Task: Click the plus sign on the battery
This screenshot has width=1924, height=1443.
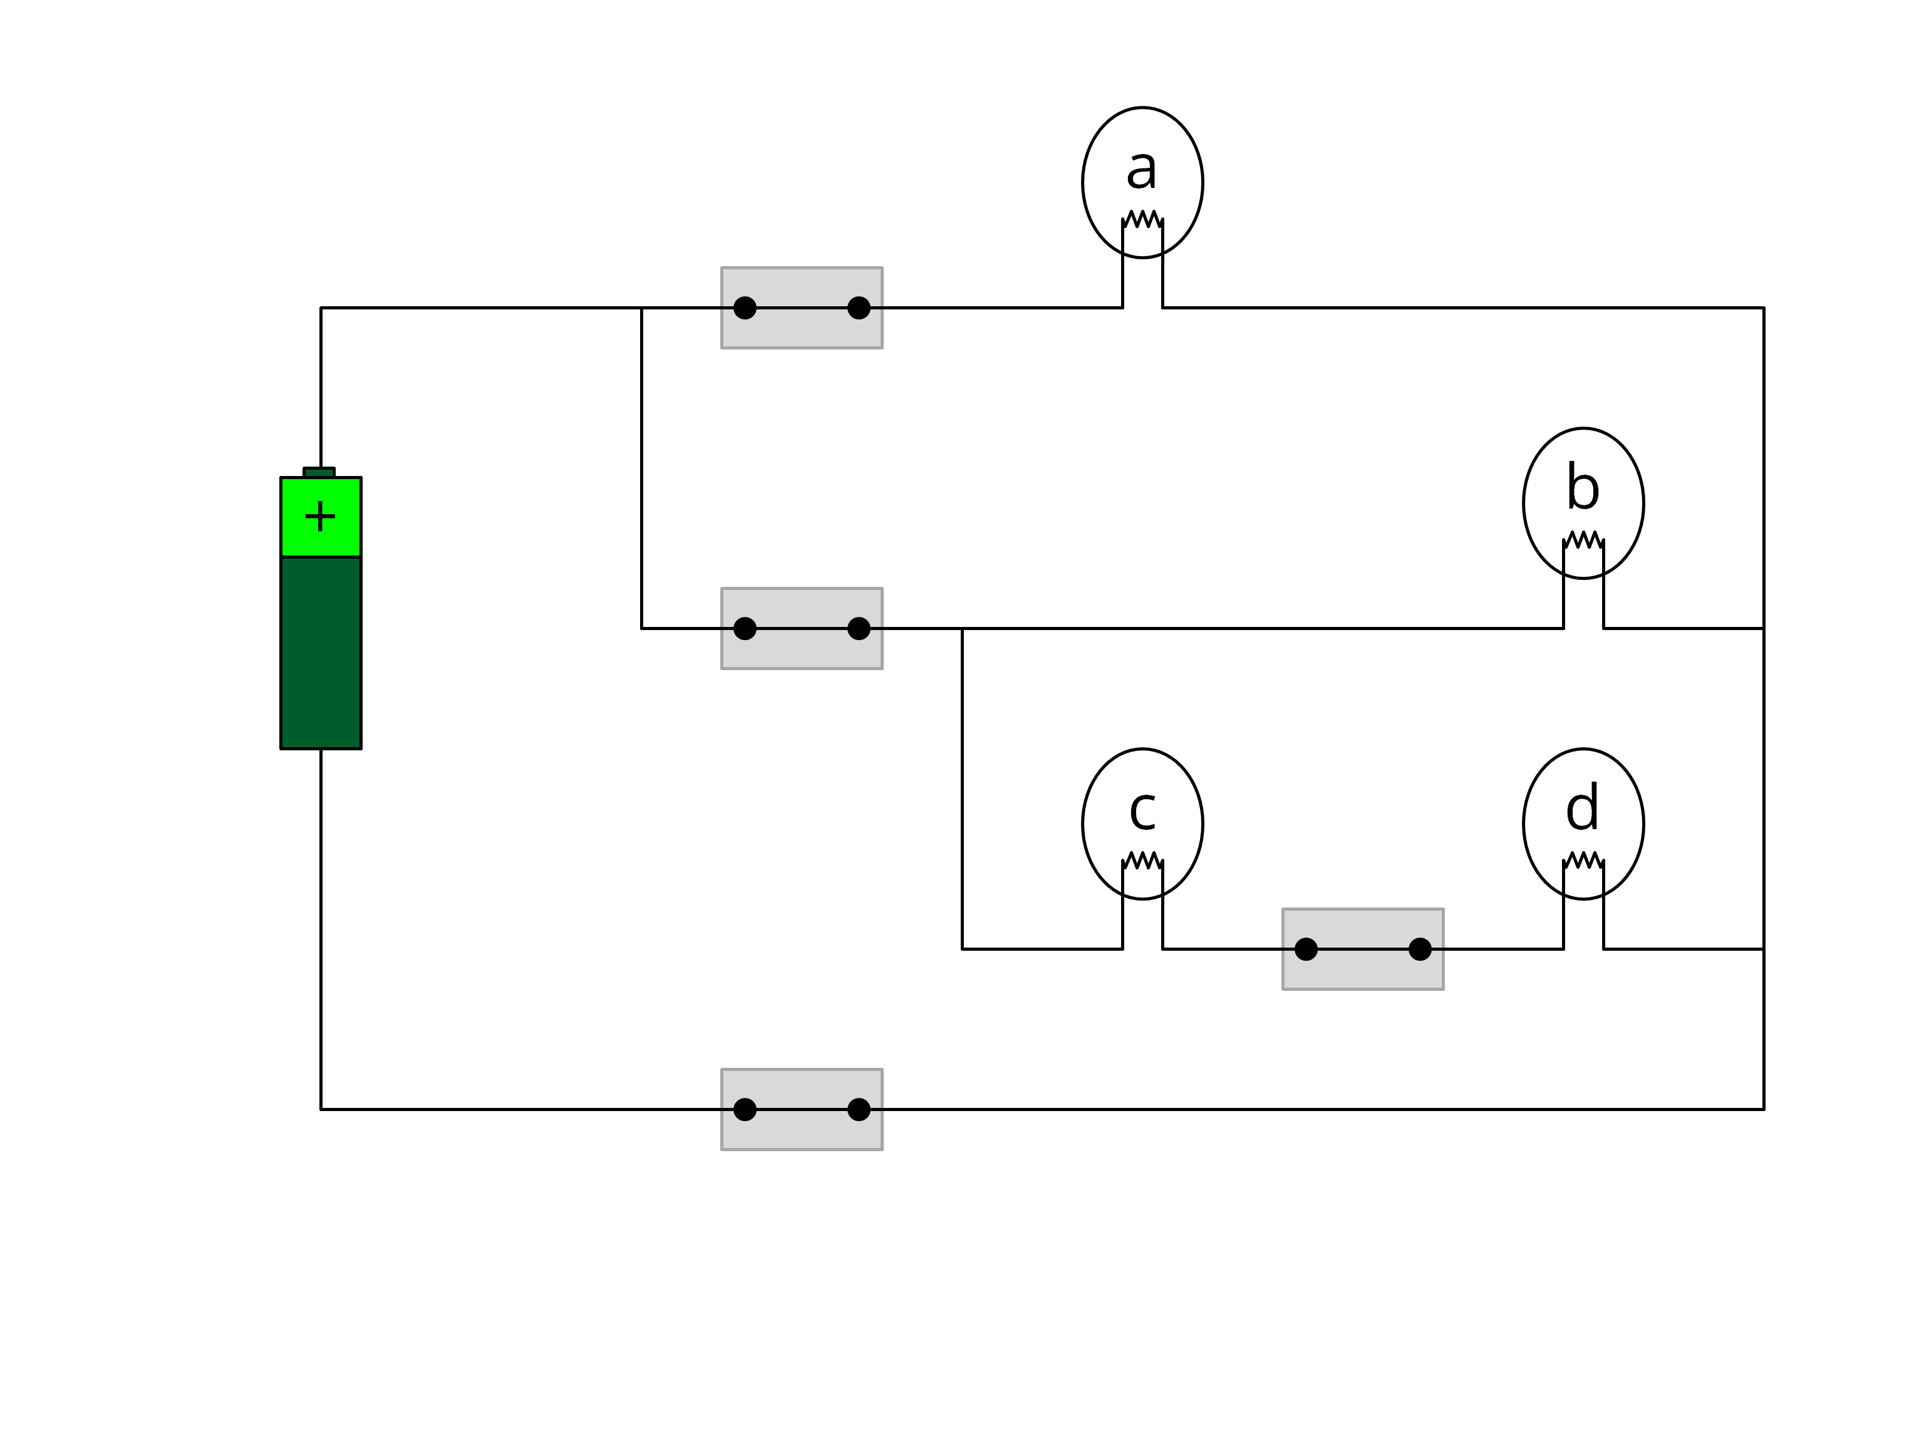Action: click(320, 516)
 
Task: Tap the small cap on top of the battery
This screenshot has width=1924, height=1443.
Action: click(319, 472)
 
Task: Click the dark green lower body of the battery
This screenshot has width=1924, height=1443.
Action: click(320, 653)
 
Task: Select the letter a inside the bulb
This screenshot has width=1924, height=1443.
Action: click(1141, 168)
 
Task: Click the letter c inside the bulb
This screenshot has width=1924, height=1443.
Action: click(1141, 810)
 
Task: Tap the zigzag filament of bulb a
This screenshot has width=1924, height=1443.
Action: click(1142, 219)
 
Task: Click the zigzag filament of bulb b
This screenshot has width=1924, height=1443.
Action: click(1583, 539)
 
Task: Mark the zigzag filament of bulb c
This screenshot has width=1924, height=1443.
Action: click(1142, 861)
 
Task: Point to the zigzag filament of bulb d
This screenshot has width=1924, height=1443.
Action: click(1583, 861)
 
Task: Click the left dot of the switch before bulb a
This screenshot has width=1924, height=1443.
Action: click(745, 308)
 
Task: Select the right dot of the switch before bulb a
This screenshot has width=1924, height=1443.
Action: click(859, 308)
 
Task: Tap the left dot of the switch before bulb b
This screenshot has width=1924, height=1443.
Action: click(745, 628)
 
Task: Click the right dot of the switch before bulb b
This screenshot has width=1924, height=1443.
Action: click(859, 628)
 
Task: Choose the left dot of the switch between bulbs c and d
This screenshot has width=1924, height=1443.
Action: click(1306, 949)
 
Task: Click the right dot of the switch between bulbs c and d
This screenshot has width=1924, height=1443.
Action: click(1420, 949)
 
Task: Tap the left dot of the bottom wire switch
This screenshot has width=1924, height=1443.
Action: click(745, 1109)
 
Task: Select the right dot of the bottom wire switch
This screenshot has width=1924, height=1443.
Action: click(859, 1109)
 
